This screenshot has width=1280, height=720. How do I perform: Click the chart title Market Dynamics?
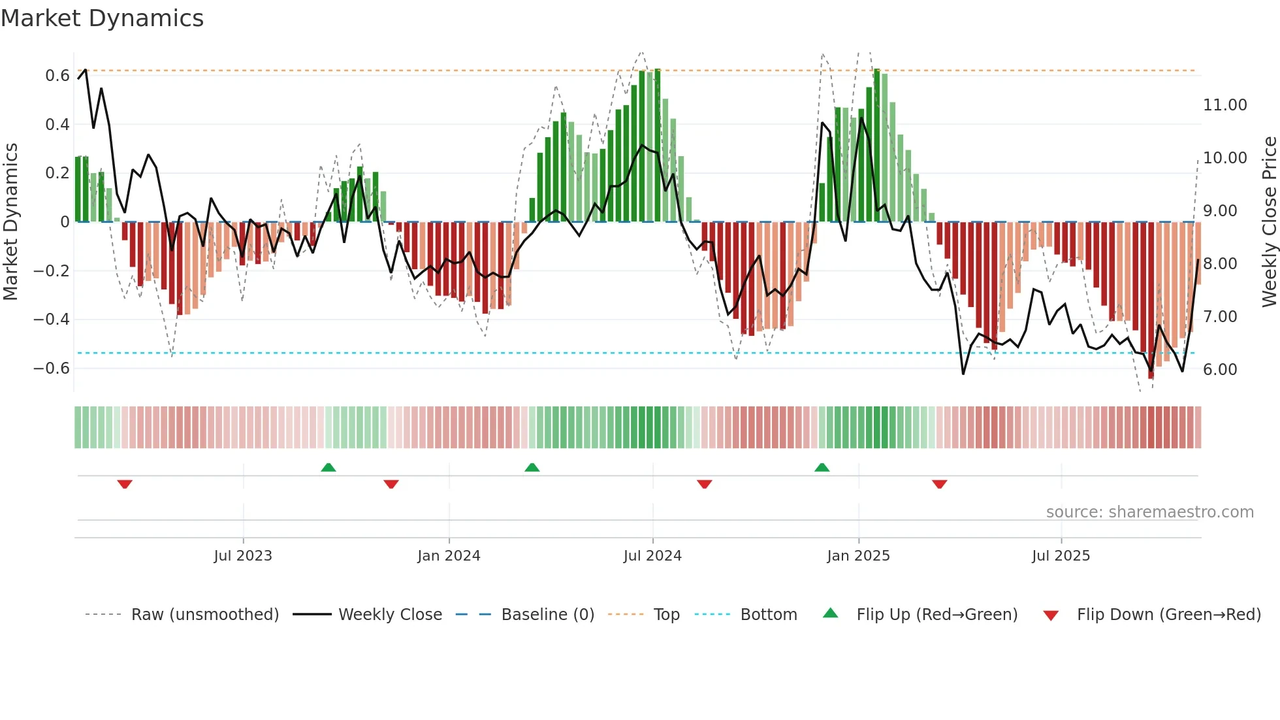coord(103,18)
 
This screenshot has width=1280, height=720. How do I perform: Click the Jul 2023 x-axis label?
coord(242,556)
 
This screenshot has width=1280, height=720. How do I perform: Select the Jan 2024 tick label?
coord(449,556)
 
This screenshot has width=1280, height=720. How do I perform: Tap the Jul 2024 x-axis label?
coord(652,556)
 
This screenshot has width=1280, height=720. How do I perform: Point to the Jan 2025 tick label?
coord(858,556)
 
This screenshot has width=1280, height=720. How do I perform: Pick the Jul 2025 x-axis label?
coord(1061,556)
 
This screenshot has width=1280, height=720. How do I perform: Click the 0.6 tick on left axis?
coord(57,76)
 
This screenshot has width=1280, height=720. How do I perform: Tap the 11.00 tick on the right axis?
coord(1225,105)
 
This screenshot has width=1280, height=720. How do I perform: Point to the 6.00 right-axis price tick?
coord(1220,370)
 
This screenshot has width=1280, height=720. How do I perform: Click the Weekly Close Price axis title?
coord(1269,222)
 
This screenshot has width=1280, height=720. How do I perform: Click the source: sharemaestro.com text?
coord(1149,512)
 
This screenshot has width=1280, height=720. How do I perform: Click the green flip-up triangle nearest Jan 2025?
coord(822,467)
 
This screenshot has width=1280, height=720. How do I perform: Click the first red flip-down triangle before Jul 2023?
coord(125,484)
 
